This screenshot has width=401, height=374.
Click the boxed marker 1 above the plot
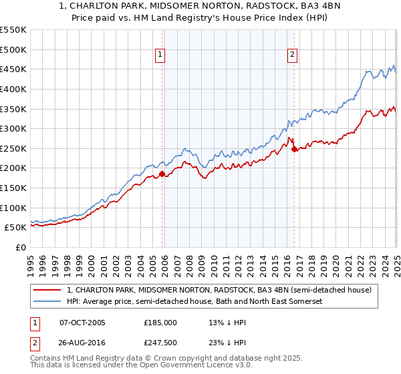[161, 55]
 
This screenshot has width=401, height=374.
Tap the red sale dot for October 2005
[162, 174]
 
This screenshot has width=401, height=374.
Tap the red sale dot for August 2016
[294, 150]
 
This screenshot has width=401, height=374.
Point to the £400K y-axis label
[13, 89]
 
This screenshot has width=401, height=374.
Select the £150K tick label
[13, 188]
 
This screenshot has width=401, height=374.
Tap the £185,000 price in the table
[160, 323]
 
